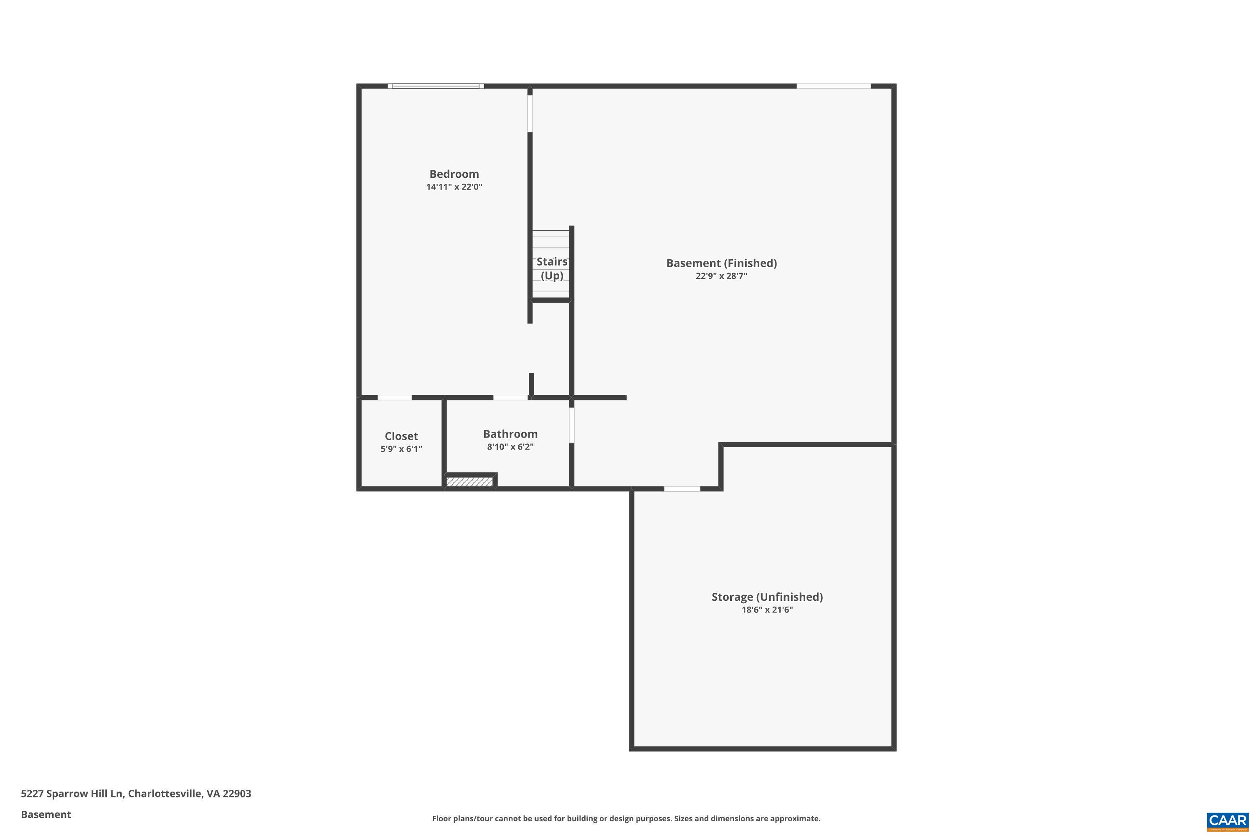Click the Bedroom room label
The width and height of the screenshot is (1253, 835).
tap(454, 174)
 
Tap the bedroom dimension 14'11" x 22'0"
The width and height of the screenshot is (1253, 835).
tap(454, 187)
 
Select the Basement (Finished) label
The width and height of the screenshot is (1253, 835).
tap(721, 263)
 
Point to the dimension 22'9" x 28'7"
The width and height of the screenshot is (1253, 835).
tap(721, 276)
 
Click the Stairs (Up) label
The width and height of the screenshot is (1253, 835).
tap(552, 268)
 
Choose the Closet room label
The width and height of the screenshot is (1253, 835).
tap(401, 436)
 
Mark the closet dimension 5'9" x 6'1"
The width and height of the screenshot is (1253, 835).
tap(401, 449)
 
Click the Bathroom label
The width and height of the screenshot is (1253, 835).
tap(510, 434)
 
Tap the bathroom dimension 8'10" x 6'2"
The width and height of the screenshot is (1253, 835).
tap(510, 447)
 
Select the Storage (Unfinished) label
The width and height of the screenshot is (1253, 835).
tap(767, 597)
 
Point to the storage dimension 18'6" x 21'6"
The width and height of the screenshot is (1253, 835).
tap(767, 610)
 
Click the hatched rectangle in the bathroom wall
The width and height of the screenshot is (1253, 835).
tap(469, 482)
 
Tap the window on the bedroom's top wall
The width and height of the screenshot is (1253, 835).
tap(436, 86)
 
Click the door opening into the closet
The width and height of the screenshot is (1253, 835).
tap(395, 397)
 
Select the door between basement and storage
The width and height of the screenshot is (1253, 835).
tap(682, 489)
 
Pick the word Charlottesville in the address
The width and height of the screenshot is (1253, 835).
tap(165, 794)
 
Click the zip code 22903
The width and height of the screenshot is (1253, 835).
tap(237, 794)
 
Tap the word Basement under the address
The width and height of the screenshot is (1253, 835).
tap(46, 814)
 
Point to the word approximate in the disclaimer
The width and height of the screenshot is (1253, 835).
tap(792, 818)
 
